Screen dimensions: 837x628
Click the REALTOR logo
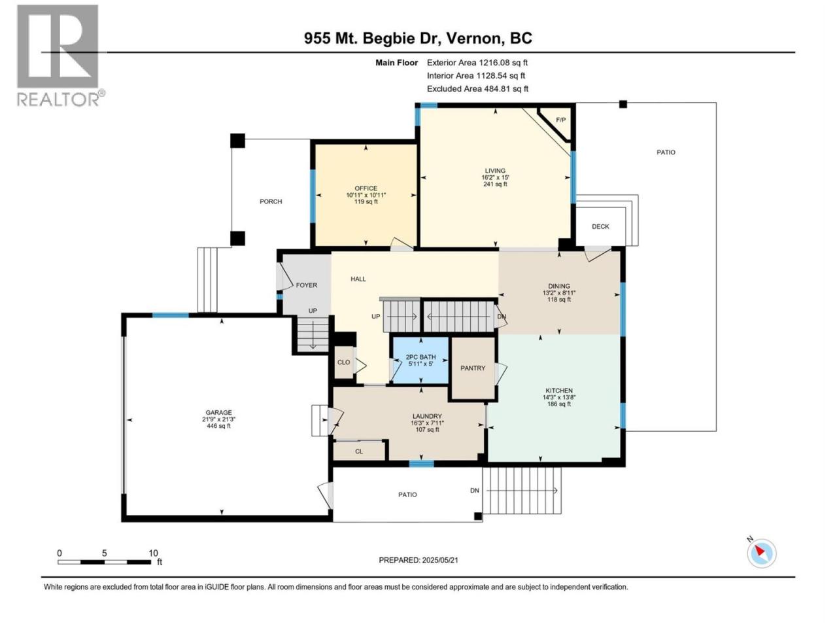pos(61,56)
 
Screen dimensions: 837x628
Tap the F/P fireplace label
pos(560,120)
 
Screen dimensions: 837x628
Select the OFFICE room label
pos(366,188)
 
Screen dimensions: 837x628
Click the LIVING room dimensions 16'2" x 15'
pos(495,177)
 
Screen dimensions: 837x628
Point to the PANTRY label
pos(473,368)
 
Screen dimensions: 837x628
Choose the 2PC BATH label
pos(420,357)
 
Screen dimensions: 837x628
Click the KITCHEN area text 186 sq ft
pos(559,404)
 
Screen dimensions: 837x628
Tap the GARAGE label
pos(218,413)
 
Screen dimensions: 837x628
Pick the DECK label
pos(600,226)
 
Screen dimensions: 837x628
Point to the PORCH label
pos(271,201)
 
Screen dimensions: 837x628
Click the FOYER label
pos(307,285)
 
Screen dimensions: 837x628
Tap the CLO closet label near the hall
pos(343,362)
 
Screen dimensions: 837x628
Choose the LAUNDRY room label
pos(427,417)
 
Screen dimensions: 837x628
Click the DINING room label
pos(559,286)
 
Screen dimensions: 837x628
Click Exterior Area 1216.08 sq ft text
pos(477,63)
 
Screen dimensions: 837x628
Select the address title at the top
pos(418,38)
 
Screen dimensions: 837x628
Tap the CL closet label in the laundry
pos(359,451)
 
